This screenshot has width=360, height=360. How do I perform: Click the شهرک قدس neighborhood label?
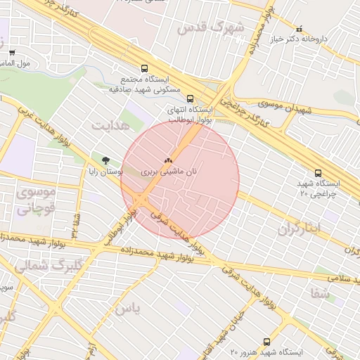coord(210,27)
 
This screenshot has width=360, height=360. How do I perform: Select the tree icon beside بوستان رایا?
coord(105,160)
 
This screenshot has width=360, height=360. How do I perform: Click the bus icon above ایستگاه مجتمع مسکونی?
coord(144,69)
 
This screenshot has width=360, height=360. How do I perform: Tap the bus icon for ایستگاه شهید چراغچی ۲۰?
coord(318,173)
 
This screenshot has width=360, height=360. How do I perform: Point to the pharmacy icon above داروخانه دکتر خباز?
coord(300,30)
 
